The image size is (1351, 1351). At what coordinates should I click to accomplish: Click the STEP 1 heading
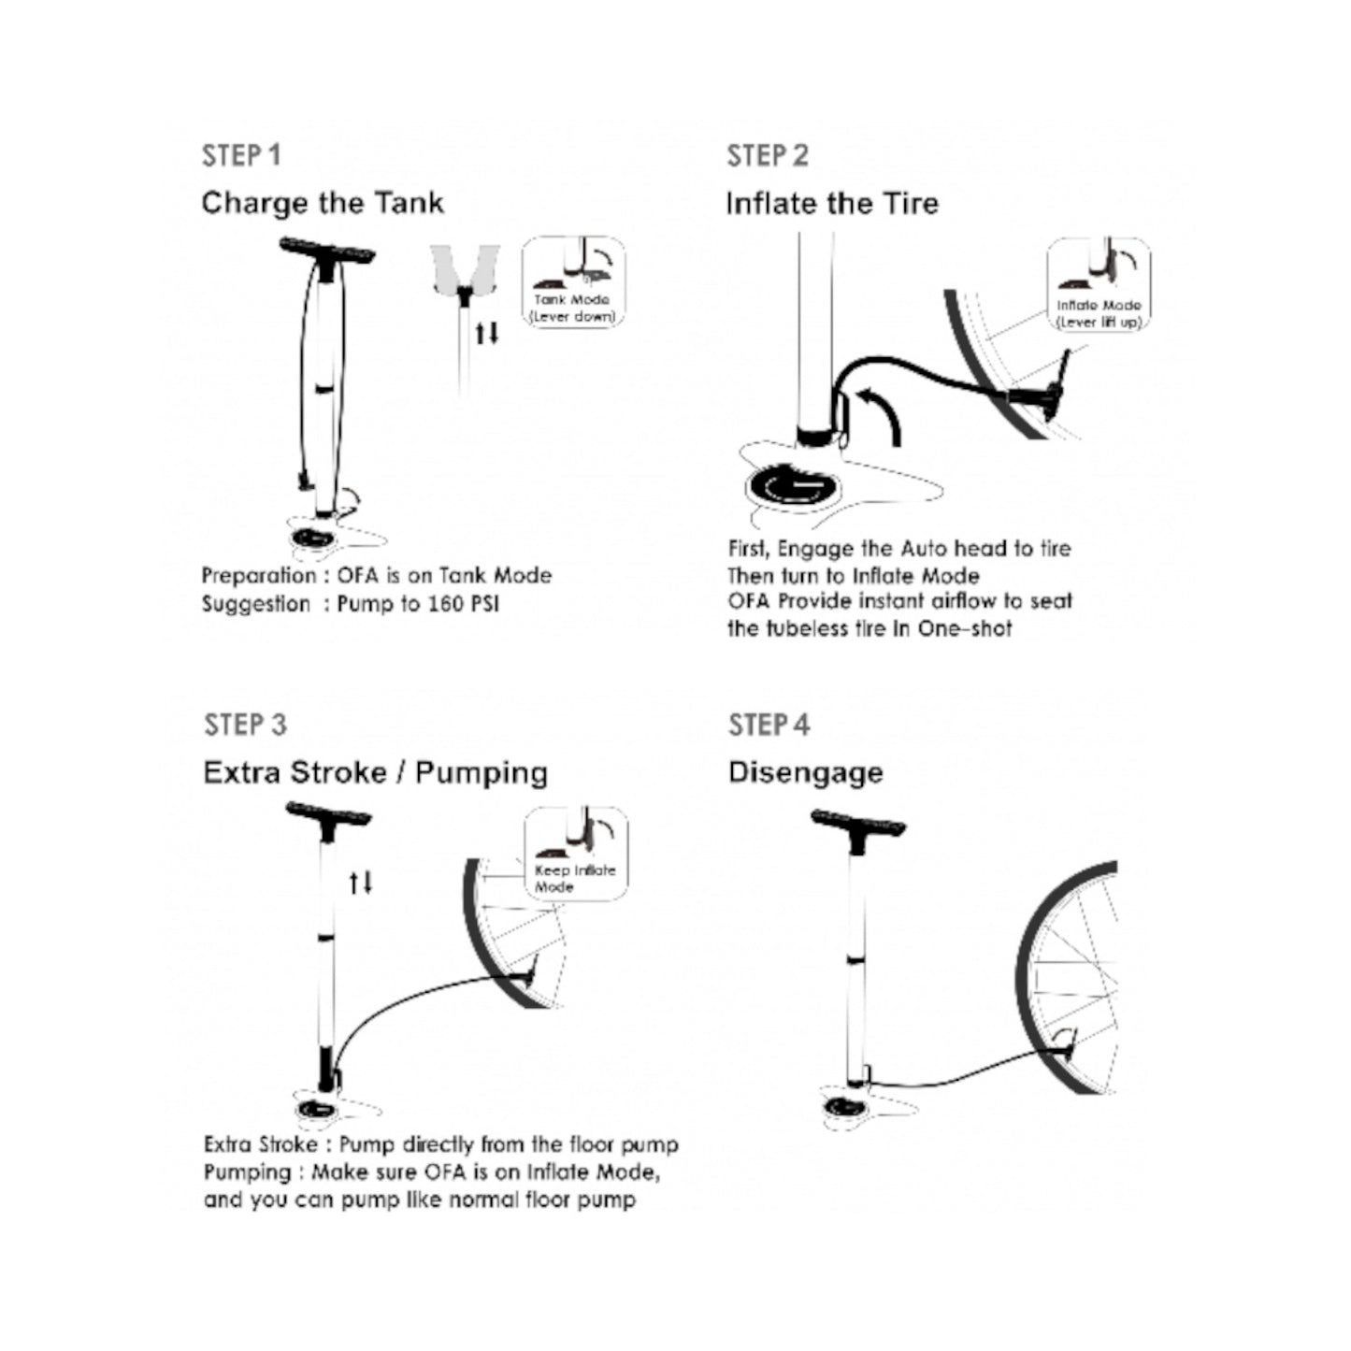tap(240, 155)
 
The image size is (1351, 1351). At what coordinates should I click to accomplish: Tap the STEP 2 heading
tap(767, 155)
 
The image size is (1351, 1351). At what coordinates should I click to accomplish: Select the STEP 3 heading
tap(245, 725)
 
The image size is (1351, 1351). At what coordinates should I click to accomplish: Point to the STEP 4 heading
tap(769, 725)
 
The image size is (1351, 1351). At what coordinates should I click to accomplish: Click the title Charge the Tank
tap(323, 203)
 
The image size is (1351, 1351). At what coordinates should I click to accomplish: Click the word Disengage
tap(805, 772)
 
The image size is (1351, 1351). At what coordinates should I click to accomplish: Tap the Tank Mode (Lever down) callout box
tap(573, 281)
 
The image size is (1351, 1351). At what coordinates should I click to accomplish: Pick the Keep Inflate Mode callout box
tap(575, 854)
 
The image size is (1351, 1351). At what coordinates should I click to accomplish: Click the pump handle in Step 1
tap(327, 251)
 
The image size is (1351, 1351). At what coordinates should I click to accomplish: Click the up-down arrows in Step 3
tap(361, 882)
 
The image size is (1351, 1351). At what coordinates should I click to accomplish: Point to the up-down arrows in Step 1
tap(486, 333)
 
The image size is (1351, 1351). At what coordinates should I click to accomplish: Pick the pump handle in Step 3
tap(328, 814)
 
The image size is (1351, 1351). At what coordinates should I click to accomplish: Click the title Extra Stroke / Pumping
tap(375, 772)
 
